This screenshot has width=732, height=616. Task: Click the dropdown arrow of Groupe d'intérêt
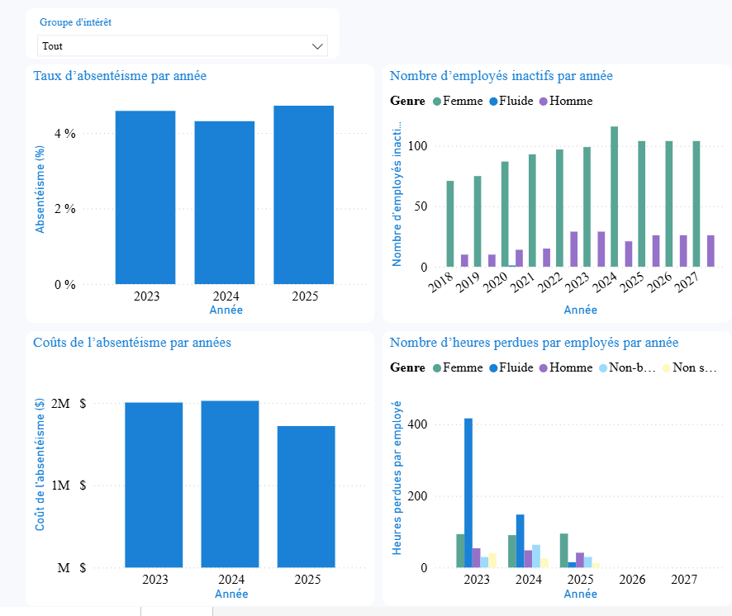(317, 46)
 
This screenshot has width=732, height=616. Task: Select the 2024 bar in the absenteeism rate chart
(225, 202)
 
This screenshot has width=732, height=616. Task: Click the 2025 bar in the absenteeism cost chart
(306, 496)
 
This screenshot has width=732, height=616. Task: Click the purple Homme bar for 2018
(464, 260)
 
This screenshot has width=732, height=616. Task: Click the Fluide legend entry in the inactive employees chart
(516, 101)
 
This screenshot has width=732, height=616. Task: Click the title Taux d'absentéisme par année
(120, 76)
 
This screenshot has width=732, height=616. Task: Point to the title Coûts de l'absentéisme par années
(132, 343)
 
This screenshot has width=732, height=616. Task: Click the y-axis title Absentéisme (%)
(39, 189)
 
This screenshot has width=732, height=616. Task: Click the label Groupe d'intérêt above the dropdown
(76, 22)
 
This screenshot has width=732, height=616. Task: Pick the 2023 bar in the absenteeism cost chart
(154, 485)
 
